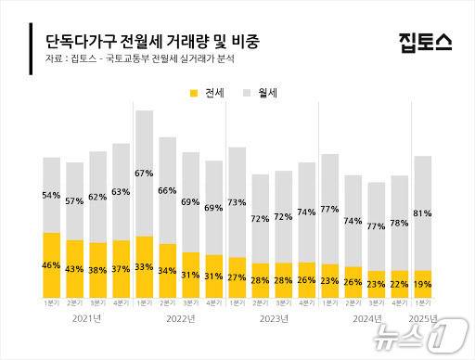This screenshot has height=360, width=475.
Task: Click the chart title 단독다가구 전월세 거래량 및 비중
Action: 152,43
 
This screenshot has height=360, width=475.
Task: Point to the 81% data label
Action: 422,213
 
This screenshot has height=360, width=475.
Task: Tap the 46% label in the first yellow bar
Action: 52,266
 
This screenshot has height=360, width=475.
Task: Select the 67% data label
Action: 144,174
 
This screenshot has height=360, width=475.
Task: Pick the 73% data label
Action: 237,202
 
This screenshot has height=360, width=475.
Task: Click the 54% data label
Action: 52,196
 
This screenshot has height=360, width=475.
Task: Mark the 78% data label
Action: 399,223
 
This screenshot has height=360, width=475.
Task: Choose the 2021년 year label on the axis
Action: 86,318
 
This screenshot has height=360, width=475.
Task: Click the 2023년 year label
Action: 271,318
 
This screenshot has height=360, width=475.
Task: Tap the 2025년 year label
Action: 422,318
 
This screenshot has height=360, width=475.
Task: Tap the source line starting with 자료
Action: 139,60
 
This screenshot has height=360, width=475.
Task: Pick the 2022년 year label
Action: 178,318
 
